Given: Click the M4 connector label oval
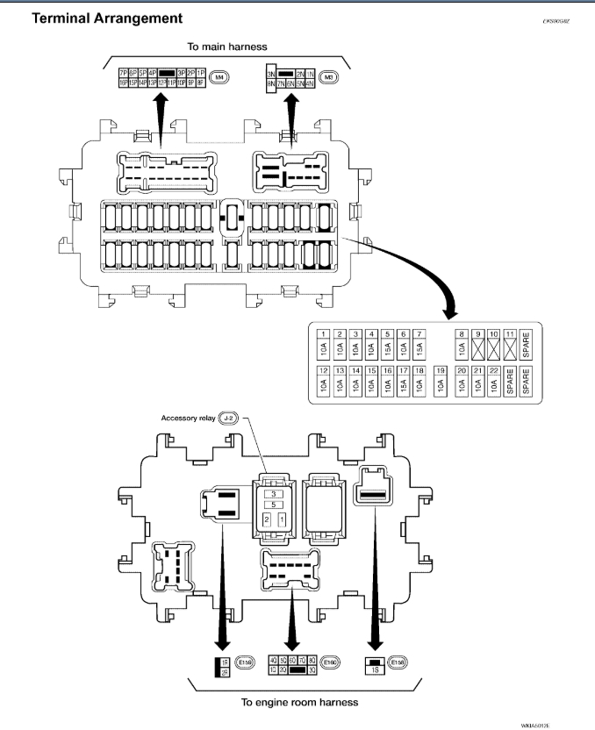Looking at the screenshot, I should (x=219, y=77).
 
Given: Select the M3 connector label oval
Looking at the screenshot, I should (x=328, y=77).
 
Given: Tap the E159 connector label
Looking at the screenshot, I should (x=242, y=662).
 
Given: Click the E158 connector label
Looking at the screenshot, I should (x=399, y=662).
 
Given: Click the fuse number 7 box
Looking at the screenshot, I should (x=419, y=334).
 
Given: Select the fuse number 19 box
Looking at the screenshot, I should (x=440, y=371).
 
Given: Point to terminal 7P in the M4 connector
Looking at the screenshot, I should (x=124, y=73).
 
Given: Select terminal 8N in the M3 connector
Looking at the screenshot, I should (x=272, y=84).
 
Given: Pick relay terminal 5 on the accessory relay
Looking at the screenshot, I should (x=275, y=505).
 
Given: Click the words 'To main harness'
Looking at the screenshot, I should (x=226, y=47).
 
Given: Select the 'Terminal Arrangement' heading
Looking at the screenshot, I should (x=107, y=18).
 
